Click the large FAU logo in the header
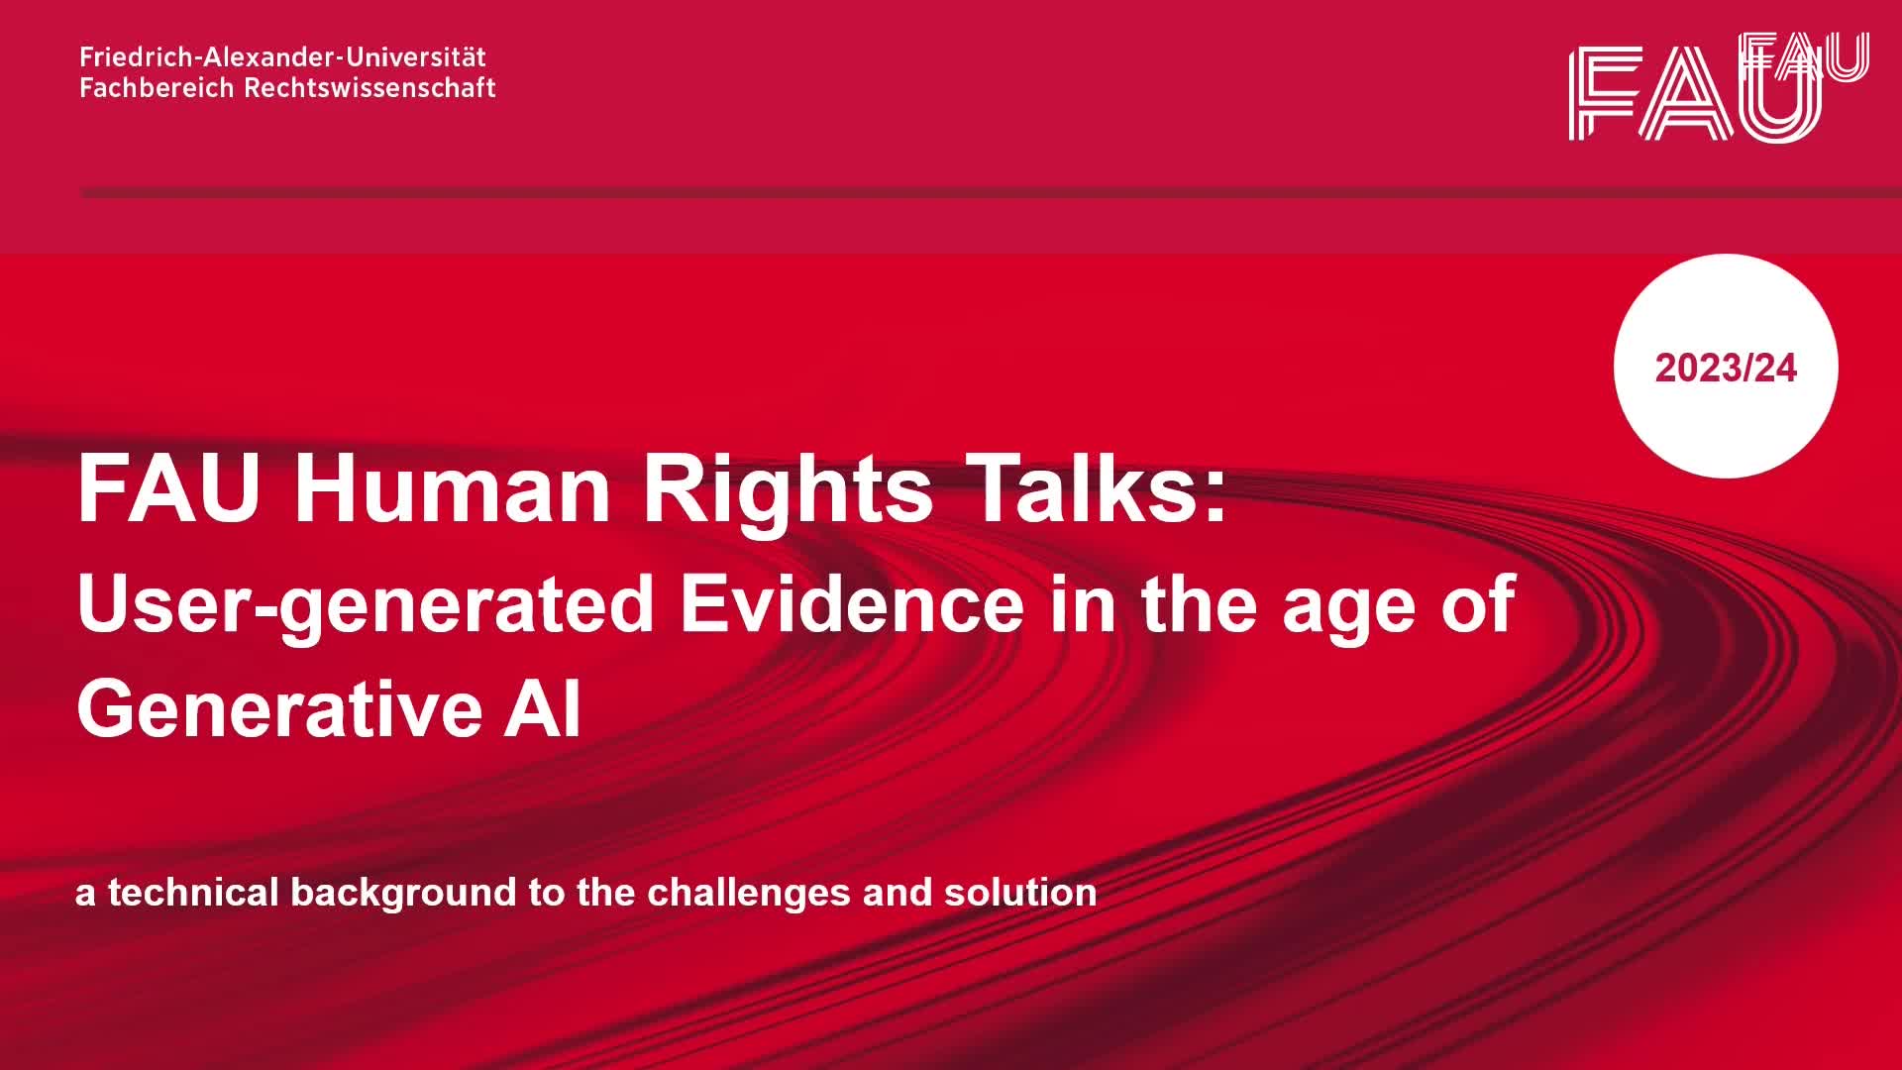(x=1695, y=92)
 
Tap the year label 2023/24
(x=1726, y=369)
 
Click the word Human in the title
(x=453, y=488)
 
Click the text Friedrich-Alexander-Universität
(x=283, y=56)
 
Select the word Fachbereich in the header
(x=158, y=87)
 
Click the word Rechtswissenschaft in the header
(x=370, y=87)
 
